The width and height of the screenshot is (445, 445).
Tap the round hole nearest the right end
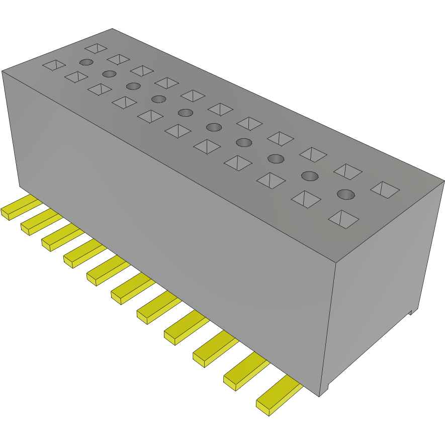pos(345,194)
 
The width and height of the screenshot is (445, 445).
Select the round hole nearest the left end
pos(86,62)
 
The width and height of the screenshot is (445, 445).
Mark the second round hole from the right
pos(310,175)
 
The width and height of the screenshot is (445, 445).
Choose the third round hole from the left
pos(133,86)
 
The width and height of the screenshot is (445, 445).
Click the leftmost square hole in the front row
pos(54,65)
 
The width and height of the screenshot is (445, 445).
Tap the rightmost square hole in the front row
pos(343,219)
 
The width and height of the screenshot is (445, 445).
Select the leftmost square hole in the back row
pos(96,48)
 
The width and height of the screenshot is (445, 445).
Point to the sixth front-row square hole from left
pos(177,131)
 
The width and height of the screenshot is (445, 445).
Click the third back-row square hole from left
pos(142,70)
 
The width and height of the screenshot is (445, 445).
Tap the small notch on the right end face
pos(411,311)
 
